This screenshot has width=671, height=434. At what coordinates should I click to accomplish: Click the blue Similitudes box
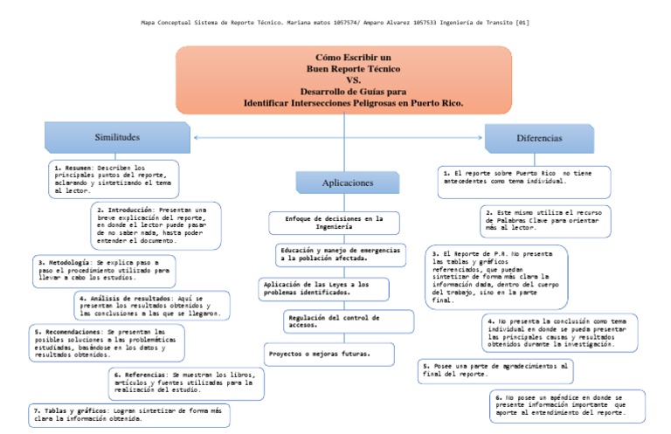[x=117, y=137]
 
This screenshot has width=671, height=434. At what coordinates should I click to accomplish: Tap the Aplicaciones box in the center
[x=348, y=183]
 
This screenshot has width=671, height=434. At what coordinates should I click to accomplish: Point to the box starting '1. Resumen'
[x=114, y=178]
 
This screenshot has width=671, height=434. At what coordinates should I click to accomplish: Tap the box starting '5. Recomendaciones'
[x=107, y=343]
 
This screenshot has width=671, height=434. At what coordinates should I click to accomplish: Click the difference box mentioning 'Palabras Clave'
[x=545, y=217]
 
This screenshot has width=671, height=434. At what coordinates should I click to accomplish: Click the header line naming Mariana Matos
[x=335, y=22]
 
